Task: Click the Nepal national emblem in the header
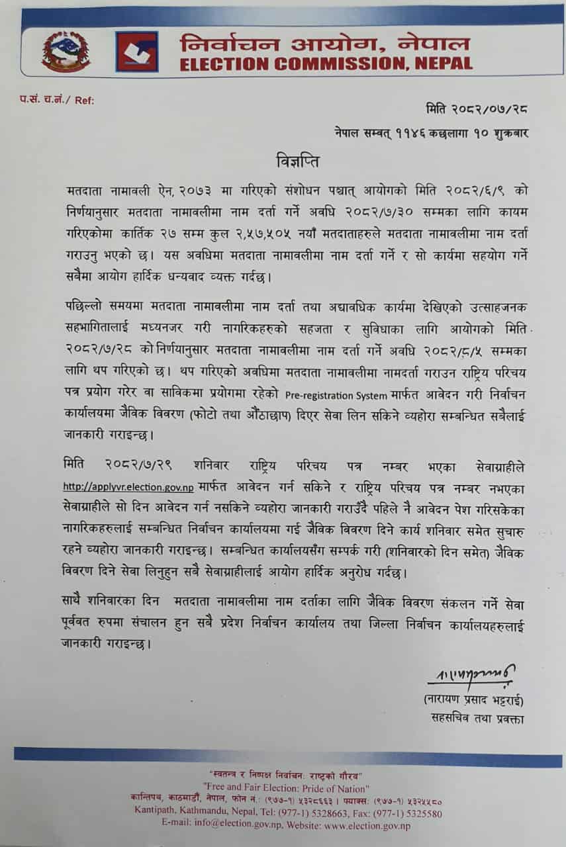coord(66,52)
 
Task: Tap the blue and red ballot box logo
coord(136,52)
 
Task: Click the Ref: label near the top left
coord(84,100)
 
